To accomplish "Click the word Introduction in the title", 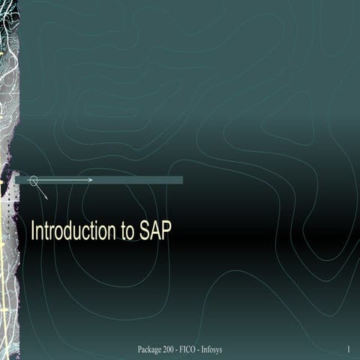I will coord(73,232).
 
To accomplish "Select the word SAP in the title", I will coord(155,232).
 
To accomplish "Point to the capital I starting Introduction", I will coord(32,232).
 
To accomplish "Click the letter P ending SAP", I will coord(166,232).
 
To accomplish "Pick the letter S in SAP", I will coord(145,232).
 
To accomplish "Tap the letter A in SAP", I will coord(155,232).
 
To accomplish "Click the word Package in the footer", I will coord(152,350).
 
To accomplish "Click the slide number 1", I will coord(349,350).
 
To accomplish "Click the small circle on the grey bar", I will coord(33,180).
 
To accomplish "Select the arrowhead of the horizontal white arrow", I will coord(90,180).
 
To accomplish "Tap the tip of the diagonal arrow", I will coord(47,198).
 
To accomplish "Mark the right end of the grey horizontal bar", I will coord(181,180).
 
